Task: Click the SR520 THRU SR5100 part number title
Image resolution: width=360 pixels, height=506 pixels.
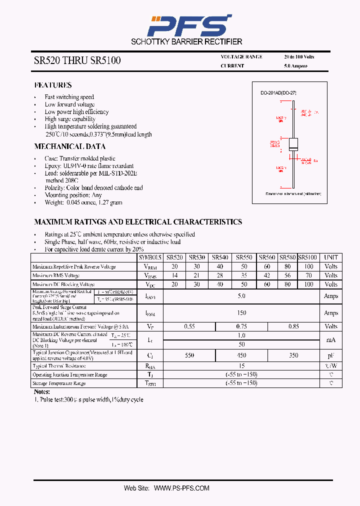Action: (77, 61)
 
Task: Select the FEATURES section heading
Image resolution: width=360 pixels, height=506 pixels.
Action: (53, 85)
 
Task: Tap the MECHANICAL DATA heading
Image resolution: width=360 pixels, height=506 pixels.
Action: (69, 146)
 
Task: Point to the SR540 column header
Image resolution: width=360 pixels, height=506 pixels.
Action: (220, 257)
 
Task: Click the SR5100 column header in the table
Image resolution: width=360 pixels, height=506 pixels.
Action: (307, 257)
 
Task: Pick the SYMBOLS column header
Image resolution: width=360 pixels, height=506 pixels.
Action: (150, 257)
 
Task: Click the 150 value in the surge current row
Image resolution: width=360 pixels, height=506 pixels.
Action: (241, 313)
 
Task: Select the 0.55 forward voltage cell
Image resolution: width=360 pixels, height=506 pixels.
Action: (189, 326)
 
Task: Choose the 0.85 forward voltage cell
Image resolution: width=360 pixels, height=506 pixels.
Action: (293, 326)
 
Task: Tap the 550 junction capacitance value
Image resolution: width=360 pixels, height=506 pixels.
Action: (189, 355)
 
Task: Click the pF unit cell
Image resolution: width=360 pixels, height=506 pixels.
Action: (331, 355)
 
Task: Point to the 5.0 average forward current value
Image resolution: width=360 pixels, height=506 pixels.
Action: (241, 296)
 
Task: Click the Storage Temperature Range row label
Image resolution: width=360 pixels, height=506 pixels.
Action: (59, 383)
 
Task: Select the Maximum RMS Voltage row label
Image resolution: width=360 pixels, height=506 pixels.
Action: (56, 275)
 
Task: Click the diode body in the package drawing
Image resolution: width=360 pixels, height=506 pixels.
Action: (294, 144)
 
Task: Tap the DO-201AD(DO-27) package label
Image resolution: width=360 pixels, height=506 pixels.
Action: (278, 93)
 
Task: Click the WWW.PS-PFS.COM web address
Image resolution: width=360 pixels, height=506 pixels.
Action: (181, 488)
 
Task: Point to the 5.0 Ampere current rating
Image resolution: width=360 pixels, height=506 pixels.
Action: (296, 66)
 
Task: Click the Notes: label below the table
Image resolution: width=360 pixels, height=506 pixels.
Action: (42, 392)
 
